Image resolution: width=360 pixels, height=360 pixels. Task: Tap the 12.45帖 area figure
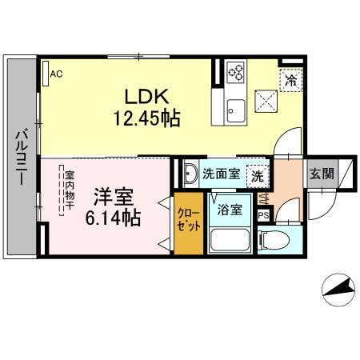(x=146, y=119)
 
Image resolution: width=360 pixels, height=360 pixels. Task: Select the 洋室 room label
(x=111, y=195)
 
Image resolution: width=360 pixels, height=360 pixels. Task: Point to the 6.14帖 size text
(x=113, y=216)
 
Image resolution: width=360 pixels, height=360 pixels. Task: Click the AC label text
(x=56, y=75)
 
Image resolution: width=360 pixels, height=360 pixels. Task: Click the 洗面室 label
(x=220, y=173)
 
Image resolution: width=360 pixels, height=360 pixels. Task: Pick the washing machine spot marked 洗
(x=257, y=174)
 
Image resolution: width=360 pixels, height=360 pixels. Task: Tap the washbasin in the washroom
(x=190, y=174)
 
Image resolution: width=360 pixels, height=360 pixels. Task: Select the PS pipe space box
(x=263, y=215)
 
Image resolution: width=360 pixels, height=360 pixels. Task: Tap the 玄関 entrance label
(x=323, y=173)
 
